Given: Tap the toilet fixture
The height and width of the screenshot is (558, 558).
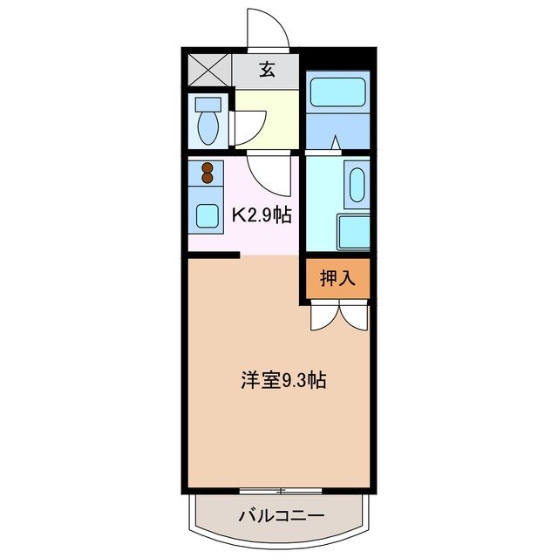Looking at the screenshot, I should point(208,122).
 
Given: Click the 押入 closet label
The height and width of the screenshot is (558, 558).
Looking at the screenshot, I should point(337,278).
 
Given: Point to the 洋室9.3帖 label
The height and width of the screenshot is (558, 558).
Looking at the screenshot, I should point(283,381).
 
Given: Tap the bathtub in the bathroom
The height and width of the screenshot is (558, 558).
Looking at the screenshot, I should point(338,92).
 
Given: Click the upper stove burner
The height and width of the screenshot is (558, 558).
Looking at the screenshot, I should point(208,168).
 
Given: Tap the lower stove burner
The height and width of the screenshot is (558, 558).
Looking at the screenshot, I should point(208,180).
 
